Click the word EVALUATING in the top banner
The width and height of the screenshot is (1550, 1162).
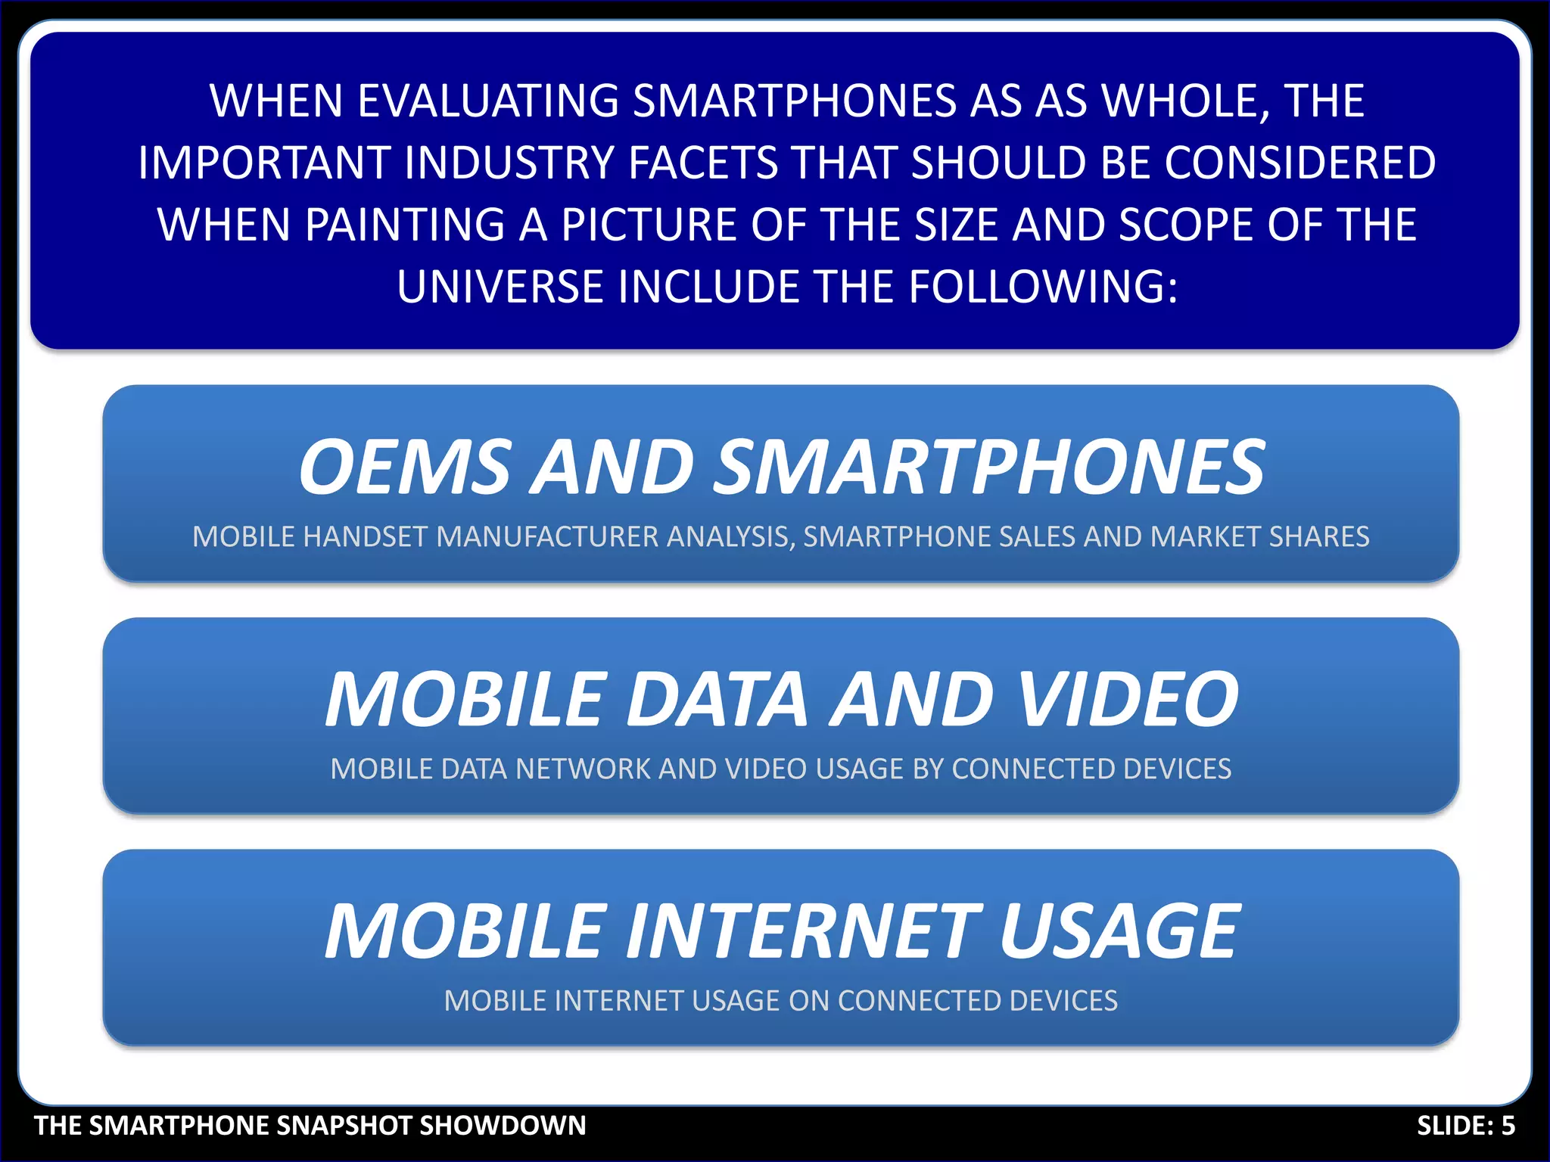click(x=487, y=101)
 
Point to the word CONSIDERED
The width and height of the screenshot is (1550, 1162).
click(x=1299, y=163)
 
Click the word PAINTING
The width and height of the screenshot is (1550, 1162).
click(x=405, y=225)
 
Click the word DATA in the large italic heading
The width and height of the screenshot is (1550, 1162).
click(x=717, y=700)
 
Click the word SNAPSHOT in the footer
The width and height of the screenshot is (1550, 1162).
click(x=345, y=1126)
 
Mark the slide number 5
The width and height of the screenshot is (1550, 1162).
click(x=1508, y=1126)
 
